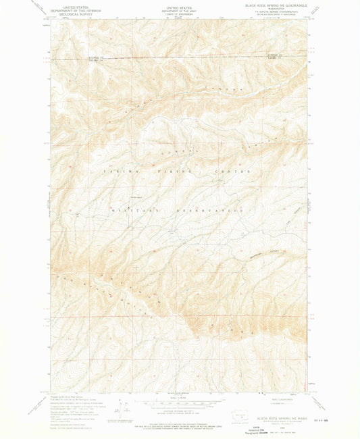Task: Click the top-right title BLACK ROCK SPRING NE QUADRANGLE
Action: coord(272,5)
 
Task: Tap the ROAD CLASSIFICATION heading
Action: coord(274,398)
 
